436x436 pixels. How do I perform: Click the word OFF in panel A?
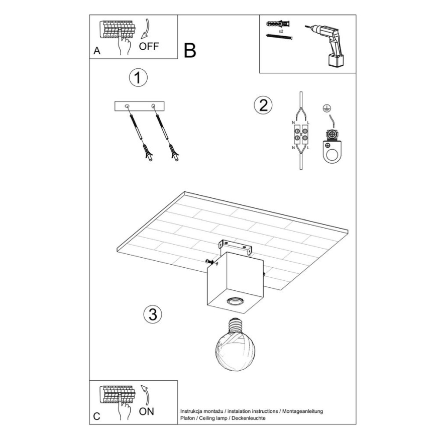(x=149, y=46)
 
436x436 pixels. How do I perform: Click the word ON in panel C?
(x=146, y=411)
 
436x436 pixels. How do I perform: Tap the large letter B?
(x=190, y=50)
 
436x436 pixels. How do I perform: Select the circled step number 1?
(x=138, y=77)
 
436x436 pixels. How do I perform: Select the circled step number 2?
(x=263, y=105)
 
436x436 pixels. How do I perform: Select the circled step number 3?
(x=153, y=314)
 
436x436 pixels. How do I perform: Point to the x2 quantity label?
(x=281, y=31)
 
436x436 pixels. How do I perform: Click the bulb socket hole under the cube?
(x=235, y=300)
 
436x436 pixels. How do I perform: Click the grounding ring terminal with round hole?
(x=332, y=152)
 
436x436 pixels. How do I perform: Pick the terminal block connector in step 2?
(x=301, y=134)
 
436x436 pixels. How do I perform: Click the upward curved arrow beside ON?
(x=145, y=394)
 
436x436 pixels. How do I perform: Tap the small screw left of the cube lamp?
(x=209, y=261)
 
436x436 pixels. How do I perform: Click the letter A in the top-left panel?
(x=97, y=51)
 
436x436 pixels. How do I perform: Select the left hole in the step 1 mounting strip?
(x=127, y=105)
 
